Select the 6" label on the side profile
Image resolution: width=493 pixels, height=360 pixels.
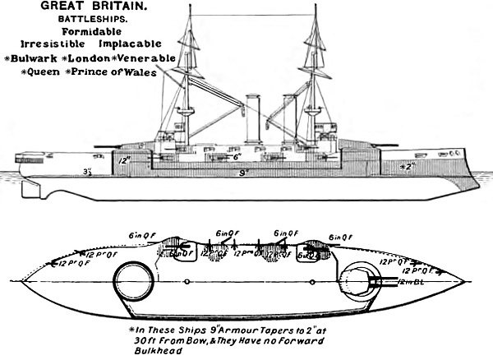point(236,156)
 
